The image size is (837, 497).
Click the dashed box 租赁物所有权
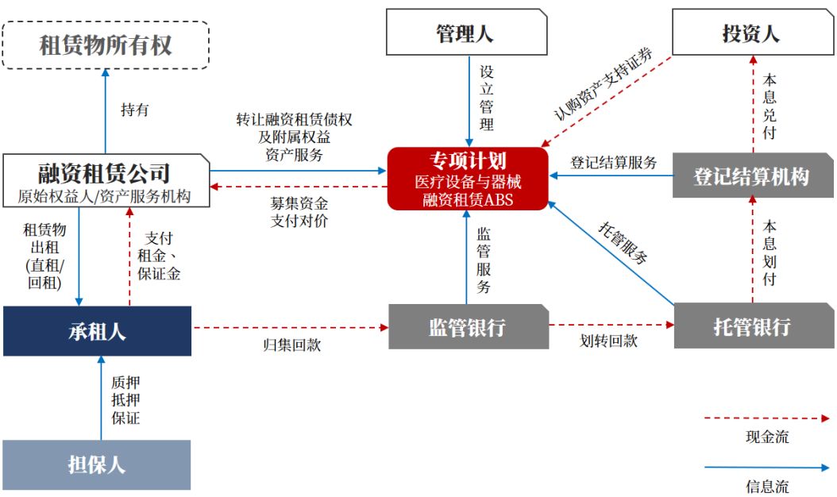point(106,45)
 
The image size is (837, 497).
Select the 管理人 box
point(467,33)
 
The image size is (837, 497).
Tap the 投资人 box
point(751,33)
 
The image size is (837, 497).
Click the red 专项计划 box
point(469,179)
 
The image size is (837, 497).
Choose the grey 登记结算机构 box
point(751,175)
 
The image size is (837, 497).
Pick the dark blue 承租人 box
point(97,331)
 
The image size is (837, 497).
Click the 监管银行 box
point(468,326)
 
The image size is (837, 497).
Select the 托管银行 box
point(751,326)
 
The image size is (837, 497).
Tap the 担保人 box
point(97,464)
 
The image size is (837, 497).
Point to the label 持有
point(134,110)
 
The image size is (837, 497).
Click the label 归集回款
point(291,345)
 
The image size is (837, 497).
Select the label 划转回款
point(607,341)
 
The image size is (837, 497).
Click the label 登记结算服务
point(614,163)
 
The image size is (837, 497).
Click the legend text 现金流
point(767,437)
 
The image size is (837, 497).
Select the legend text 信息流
point(767,486)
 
